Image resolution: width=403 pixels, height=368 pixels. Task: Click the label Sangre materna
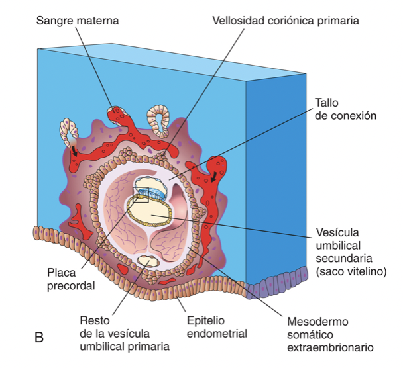[77, 21]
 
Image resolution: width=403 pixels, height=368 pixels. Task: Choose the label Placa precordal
[69, 279]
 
